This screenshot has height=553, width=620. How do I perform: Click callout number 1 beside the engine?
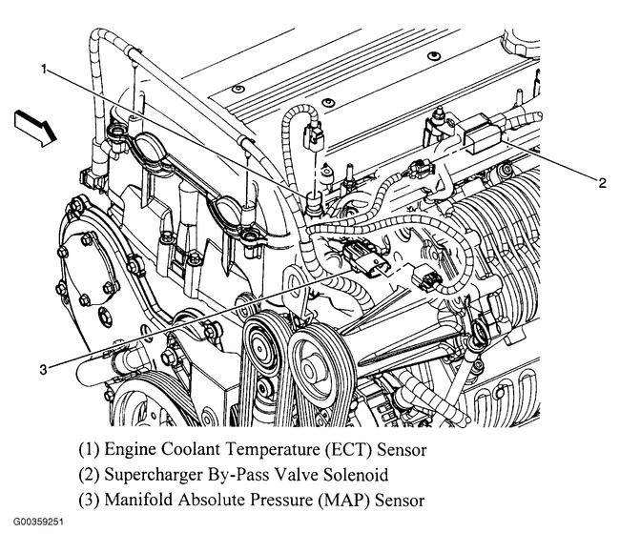click(45, 69)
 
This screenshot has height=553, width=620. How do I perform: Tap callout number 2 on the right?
click(602, 184)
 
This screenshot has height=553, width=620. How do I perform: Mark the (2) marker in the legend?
click(93, 473)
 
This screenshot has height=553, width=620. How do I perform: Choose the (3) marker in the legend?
click(93, 498)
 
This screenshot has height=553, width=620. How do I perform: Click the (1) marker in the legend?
click(93, 448)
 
